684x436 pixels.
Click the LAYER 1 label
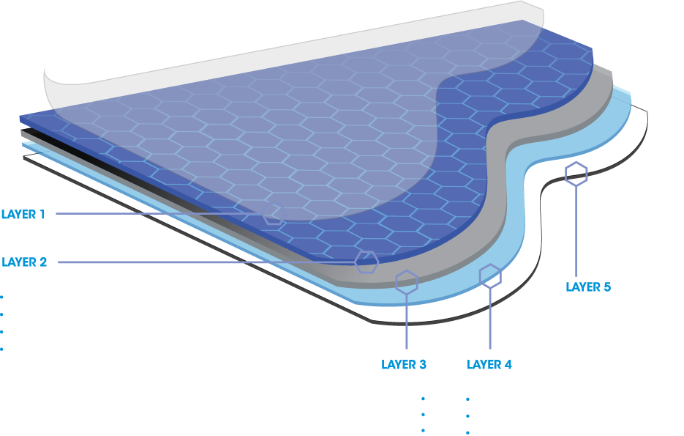23,214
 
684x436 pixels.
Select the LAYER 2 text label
24,262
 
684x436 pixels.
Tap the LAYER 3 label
404,364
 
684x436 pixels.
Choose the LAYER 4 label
489,364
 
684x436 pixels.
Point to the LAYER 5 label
588,287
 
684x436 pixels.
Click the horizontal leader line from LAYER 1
159,214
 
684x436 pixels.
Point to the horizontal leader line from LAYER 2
206,262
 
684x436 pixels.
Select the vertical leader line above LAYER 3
407,321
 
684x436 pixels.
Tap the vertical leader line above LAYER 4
490,318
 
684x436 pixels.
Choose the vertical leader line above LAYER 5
576,231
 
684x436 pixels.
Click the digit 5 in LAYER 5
607,287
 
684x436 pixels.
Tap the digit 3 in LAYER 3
422,364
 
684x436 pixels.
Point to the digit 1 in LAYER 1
42,214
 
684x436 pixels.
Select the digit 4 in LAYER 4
508,364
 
